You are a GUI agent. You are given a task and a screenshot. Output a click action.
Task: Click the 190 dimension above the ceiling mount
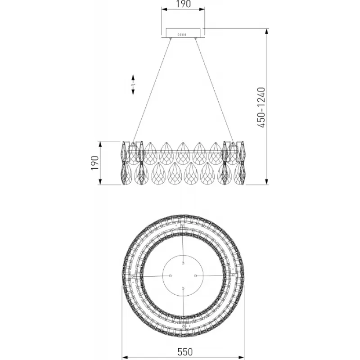183,4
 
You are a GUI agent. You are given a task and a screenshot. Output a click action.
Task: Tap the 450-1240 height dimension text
261,107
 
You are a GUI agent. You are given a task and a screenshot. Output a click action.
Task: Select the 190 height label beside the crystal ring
95,163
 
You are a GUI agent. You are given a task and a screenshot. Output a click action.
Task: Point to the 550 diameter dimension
185,352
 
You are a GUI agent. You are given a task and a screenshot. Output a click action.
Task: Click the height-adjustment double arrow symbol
133,85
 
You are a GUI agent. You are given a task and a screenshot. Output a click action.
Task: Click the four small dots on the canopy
182,35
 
